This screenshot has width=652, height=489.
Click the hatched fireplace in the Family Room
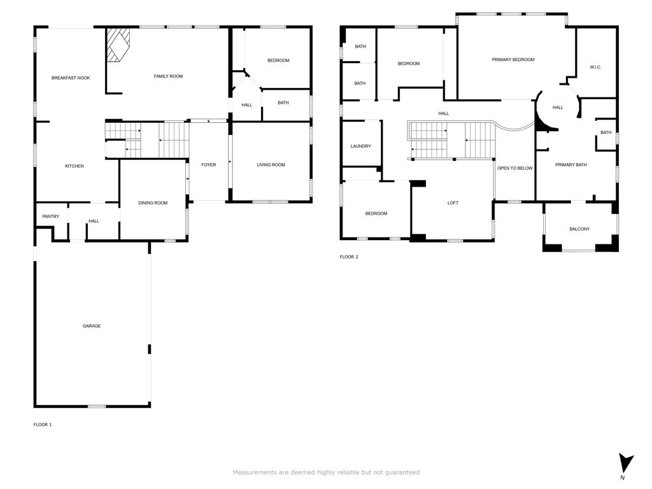click(117, 45)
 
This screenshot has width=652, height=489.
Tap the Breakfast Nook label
click(71, 78)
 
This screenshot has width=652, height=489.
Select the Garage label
click(92, 326)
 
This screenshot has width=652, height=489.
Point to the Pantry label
click(51, 216)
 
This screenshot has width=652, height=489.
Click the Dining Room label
click(153, 203)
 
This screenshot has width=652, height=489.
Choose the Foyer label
click(209, 165)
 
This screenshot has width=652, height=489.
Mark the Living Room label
click(271, 165)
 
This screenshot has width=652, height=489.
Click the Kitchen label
click(74, 166)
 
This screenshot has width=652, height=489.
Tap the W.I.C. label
click(595, 67)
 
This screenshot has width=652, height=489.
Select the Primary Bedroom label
click(513, 60)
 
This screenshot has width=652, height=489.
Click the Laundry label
click(360, 146)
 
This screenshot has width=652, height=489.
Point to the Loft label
click(453, 203)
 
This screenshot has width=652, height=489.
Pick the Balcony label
click(579, 229)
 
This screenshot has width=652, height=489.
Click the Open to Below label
click(515, 168)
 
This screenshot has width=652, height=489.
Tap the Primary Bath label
click(571, 165)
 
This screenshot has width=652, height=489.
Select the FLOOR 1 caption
click(43, 425)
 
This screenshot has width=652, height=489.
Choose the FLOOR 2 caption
click(349, 257)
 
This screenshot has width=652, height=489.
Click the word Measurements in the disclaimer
click(255, 472)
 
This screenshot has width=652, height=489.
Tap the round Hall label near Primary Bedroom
click(558, 108)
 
